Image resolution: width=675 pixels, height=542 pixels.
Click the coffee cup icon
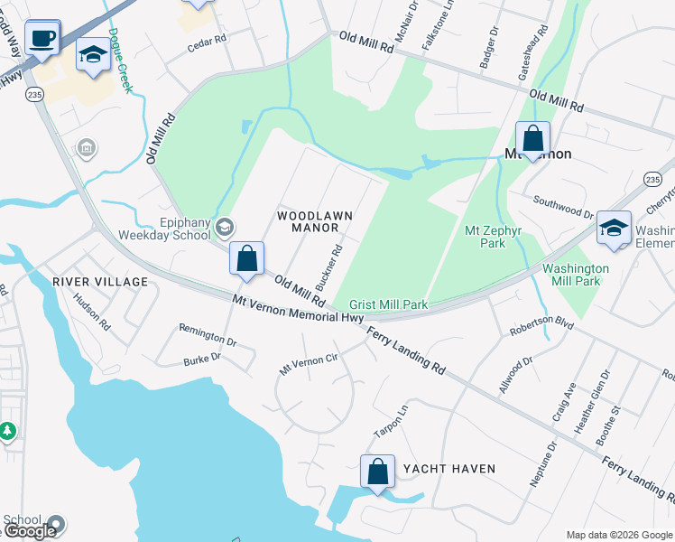pyautogui.click(x=42, y=39)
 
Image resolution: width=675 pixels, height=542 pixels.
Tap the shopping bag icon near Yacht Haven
pyautogui.click(x=377, y=472)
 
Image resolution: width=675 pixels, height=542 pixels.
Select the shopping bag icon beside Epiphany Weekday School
pyautogui.click(x=246, y=259)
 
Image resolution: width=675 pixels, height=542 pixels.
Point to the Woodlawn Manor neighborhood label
pyautogui.click(x=314, y=221)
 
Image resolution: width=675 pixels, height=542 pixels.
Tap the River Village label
pyautogui.click(x=100, y=282)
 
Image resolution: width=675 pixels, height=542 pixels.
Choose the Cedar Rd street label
pyautogui.click(x=207, y=42)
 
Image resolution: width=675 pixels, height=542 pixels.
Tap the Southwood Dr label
pyautogui.click(x=562, y=207)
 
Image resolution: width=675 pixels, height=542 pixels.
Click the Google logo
pyautogui.click(x=32, y=531)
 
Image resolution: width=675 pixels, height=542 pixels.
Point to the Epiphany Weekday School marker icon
pyautogui.click(x=226, y=226)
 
